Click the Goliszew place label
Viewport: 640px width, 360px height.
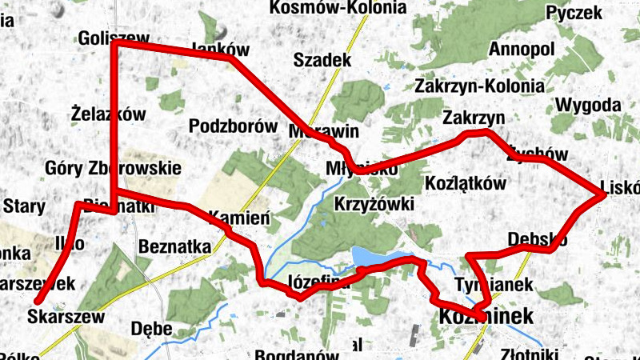[114, 38]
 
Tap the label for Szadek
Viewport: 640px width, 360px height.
[322, 60]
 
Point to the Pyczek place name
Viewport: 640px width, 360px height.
[573, 12]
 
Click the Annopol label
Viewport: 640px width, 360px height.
[520, 49]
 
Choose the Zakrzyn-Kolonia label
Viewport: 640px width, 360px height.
[480, 86]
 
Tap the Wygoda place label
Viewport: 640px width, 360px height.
[588, 105]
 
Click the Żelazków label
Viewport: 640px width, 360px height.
[108, 114]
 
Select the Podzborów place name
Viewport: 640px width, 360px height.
[222, 126]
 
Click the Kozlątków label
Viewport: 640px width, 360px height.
[467, 183]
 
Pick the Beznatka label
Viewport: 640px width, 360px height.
[174, 246]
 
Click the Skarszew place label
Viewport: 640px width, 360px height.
[66, 316]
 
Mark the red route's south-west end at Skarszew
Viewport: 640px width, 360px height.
[38, 301]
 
